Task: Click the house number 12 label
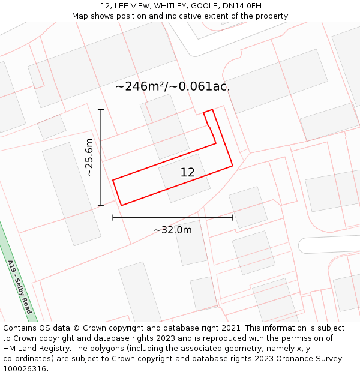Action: point(187,173)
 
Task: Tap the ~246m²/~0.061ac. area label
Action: point(173,86)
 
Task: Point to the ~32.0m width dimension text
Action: point(173,230)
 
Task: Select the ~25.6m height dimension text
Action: point(89,157)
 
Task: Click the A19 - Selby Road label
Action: point(19,287)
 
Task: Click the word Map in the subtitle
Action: point(80,16)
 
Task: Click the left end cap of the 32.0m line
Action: point(113,217)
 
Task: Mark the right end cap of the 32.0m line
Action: point(233,217)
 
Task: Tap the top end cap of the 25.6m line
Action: point(101,110)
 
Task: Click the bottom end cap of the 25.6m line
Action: point(101,205)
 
